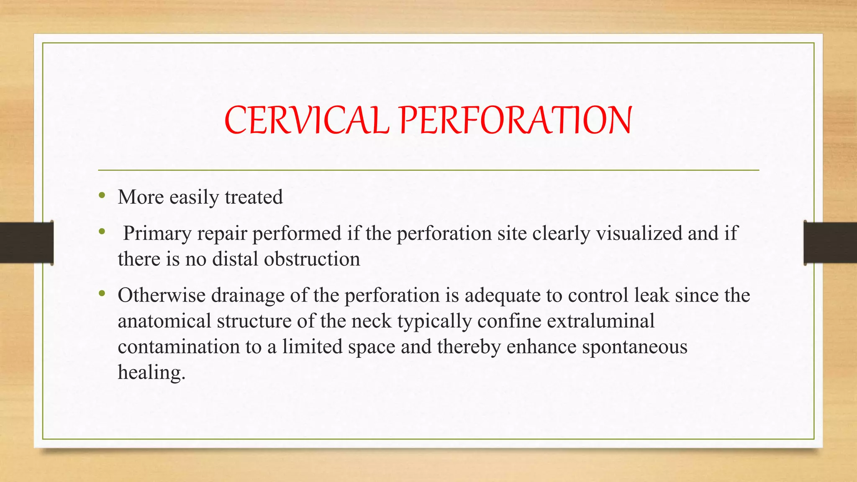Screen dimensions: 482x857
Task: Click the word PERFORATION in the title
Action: pos(515,120)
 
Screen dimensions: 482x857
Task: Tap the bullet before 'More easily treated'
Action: pos(102,195)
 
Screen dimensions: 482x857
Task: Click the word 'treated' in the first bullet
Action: pos(254,197)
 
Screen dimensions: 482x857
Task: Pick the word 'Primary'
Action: pos(157,233)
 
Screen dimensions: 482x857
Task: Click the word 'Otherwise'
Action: pos(162,295)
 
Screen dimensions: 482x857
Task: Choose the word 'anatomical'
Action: pos(164,321)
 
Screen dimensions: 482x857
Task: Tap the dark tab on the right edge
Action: pos(830,243)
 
